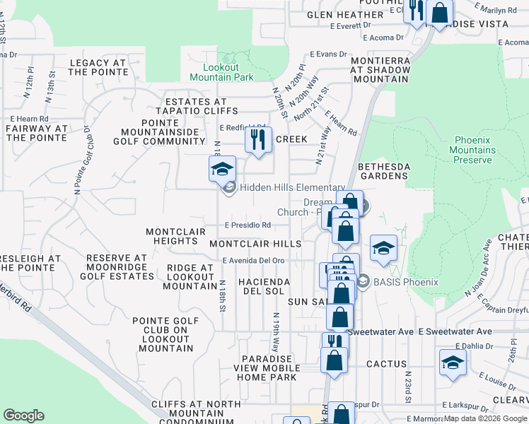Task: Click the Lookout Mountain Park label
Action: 223,71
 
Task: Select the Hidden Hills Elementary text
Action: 291,187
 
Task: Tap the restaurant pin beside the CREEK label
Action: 258,139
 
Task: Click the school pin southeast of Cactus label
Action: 453,364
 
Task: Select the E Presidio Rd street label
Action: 248,225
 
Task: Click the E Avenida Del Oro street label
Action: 253,260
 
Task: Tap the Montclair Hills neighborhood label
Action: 255,243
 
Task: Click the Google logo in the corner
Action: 23,416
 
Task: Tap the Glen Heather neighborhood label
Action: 344,15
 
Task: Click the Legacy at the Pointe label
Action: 98,67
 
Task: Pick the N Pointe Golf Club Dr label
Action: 77,160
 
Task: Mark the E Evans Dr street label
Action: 330,54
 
